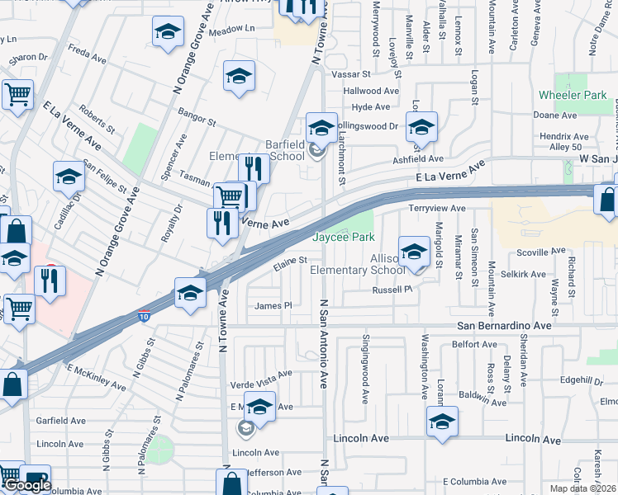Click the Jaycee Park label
[345, 237]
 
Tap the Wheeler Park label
[573, 96]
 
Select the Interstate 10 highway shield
[145, 316]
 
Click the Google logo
[27, 485]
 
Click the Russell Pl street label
[392, 290]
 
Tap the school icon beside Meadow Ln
[168, 33]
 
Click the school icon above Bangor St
[239, 77]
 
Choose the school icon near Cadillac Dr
[69, 177]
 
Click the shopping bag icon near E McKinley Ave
[12, 384]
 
